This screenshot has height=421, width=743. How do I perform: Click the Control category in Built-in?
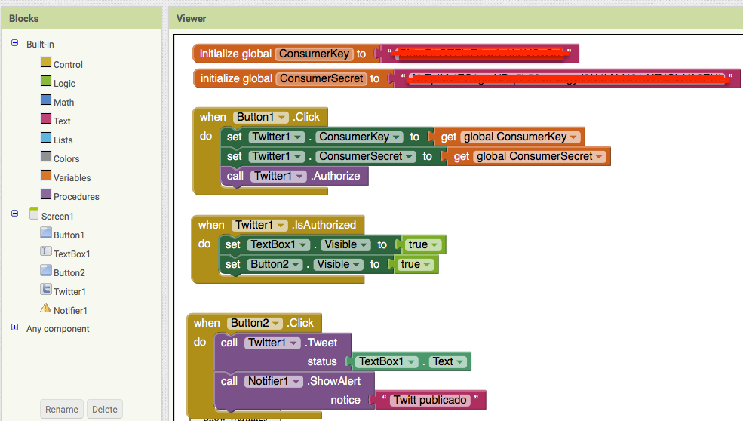pyautogui.click(x=68, y=65)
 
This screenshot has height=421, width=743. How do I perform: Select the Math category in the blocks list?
pyautogui.click(x=63, y=103)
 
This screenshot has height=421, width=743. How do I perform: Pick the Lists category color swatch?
pyautogui.click(x=46, y=139)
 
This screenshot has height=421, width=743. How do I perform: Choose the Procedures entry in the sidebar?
pyautogui.click(x=76, y=197)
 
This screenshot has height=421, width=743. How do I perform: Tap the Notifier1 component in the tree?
pyautogui.click(x=70, y=310)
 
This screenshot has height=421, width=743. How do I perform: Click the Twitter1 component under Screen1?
pyautogui.click(x=69, y=291)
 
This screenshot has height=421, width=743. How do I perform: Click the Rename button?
pyautogui.click(x=62, y=410)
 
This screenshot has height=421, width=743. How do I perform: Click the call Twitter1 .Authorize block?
pyautogui.click(x=294, y=176)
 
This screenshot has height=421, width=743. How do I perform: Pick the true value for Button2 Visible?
pyautogui.click(x=413, y=264)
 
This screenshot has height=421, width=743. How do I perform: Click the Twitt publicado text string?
pyautogui.click(x=429, y=400)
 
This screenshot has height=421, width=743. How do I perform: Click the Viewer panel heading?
pyautogui.click(x=191, y=18)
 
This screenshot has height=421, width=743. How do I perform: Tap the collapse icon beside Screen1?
pyautogui.click(x=14, y=214)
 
